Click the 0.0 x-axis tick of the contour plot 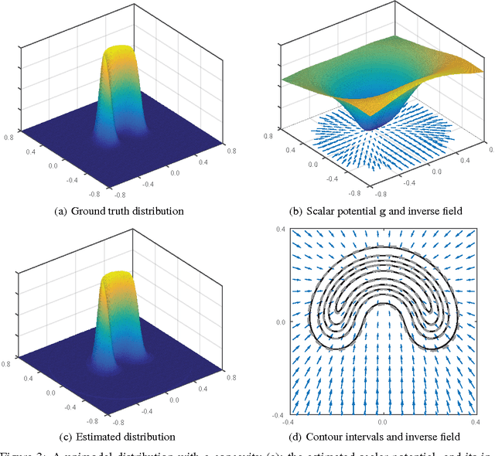382,424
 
